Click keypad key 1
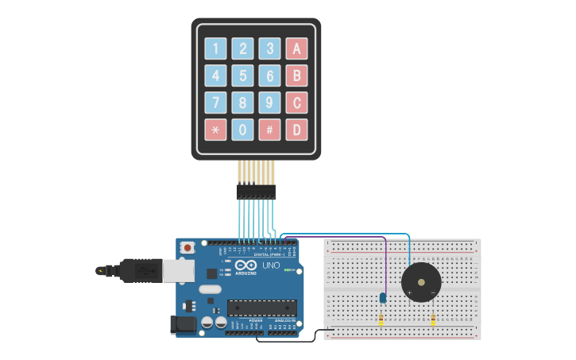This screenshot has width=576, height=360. (x=215, y=49)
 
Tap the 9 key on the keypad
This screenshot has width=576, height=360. (x=270, y=103)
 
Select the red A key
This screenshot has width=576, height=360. (x=296, y=49)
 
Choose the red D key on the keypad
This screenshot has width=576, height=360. (x=296, y=130)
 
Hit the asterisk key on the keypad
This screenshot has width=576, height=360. (x=215, y=130)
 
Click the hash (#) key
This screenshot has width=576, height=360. (x=270, y=130)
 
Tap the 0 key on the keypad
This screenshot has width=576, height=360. (x=243, y=130)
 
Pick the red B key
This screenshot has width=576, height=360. (x=296, y=76)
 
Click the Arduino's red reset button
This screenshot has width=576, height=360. (x=187, y=247)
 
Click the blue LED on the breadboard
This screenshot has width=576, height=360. (x=382, y=297)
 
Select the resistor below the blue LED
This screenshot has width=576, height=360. (x=381, y=320)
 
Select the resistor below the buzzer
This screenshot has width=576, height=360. (x=433, y=320)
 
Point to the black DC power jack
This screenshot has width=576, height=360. (x=183, y=324)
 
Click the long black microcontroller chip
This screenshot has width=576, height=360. (x=261, y=308)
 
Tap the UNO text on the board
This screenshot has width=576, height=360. (x=271, y=265)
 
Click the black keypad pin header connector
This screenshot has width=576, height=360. (x=256, y=192)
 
